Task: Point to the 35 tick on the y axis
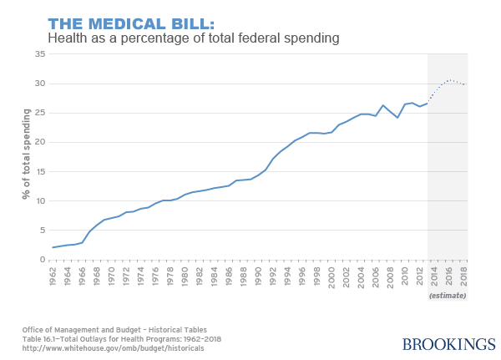39,54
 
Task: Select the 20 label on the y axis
39,142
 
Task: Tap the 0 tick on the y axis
42,260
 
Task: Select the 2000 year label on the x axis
331,275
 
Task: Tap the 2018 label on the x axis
464,275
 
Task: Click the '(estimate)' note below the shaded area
447,296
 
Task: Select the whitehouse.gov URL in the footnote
113,347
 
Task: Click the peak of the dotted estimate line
449,80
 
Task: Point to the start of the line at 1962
53,247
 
